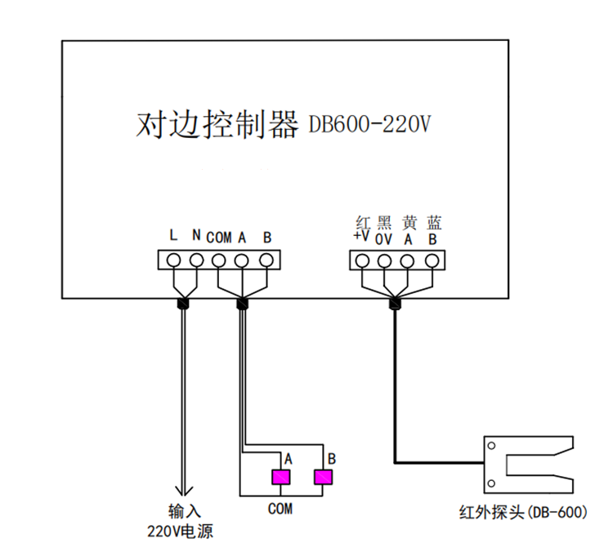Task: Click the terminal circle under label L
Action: click(x=173, y=260)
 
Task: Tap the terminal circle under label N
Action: click(x=196, y=260)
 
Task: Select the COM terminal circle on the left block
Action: click(x=219, y=260)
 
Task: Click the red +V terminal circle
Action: click(x=362, y=260)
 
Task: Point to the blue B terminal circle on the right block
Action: click(x=432, y=260)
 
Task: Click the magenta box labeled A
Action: click(x=281, y=478)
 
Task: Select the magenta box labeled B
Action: click(x=324, y=478)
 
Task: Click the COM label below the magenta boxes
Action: click(x=280, y=509)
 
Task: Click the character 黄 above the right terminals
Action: click(x=409, y=222)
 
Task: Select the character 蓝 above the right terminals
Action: click(x=433, y=222)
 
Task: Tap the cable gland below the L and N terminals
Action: click(x=184, y=304)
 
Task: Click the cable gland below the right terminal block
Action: click(x=396, y=304)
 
